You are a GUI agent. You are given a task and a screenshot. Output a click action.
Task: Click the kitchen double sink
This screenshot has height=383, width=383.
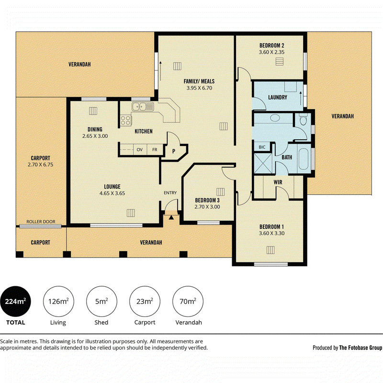143,107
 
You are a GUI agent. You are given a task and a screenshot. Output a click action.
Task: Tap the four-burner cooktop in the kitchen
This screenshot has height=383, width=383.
125,120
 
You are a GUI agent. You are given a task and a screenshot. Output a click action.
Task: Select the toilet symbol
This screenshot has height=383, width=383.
303,119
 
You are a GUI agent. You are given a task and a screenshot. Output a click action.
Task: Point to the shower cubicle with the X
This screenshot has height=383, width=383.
263,163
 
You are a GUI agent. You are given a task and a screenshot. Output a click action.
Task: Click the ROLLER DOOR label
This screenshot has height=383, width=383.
41,222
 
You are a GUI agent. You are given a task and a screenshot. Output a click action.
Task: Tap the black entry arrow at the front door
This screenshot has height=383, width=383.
171,217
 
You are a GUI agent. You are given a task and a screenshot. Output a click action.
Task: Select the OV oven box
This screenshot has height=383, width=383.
140,149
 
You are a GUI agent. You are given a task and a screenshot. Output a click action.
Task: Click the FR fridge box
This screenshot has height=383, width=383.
155,149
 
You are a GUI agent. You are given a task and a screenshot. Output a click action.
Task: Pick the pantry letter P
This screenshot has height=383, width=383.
174,151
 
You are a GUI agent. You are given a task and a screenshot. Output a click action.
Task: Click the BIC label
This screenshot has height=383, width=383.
262,147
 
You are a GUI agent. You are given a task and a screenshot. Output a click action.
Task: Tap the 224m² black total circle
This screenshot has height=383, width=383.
16,302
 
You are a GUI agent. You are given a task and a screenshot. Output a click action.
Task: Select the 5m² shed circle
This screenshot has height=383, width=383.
101,302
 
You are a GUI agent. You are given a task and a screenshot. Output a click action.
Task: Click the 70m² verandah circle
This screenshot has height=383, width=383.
188,302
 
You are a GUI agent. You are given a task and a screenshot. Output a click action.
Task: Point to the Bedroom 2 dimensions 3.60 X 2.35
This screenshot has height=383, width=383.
271,52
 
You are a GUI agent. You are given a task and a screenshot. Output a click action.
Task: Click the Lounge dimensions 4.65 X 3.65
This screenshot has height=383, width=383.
112,193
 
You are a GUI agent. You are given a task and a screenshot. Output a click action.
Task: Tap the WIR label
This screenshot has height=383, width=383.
278,182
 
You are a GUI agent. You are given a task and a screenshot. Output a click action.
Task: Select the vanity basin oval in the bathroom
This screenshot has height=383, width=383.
275,118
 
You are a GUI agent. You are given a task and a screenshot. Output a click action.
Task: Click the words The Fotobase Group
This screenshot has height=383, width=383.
360,348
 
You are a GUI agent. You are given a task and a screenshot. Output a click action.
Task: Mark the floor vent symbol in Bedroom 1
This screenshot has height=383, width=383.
270,250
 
